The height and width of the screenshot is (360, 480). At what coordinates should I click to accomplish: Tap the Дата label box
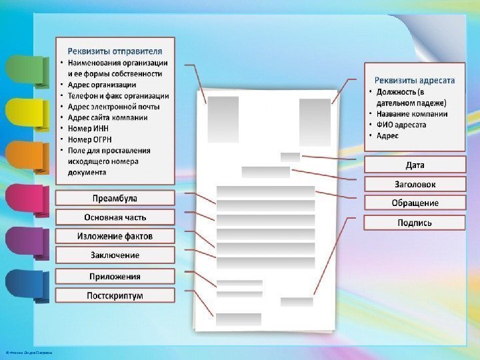(415, 165)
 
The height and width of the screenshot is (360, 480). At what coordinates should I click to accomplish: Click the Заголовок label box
(415, 184)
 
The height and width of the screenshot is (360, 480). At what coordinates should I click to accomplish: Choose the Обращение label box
(415, 203)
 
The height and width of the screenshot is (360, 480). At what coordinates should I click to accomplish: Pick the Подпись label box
(415, 223)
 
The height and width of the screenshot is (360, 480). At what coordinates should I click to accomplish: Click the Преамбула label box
(115, 198)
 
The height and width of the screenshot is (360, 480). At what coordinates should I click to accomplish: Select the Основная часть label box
(115, 217)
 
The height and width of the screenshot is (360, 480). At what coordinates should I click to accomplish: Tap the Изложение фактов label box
(115, 236)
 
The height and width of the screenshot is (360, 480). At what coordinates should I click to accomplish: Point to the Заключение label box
(115, 255)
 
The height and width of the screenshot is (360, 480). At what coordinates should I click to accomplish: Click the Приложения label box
(115, 276)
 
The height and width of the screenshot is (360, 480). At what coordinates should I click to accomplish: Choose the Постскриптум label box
(115, 295)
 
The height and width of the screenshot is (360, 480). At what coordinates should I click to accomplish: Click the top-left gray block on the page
(223, 119)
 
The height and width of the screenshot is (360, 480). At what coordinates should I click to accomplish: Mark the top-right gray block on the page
(315, 122)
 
